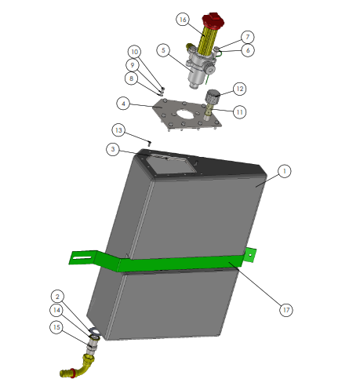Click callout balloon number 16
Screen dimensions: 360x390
pyautogui.click(x=183, y=20)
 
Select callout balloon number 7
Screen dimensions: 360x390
pyautogui.click(x=248, y=37)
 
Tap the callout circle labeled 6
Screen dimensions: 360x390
pyautogui.click(x=248, y=50)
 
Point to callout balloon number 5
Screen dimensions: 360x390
pyautogui.click(x=163, y=50)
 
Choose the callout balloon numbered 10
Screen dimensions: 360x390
pyautogui.click(x=134, y=52)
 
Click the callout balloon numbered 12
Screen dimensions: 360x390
pyautogui.click(x=239, y=89)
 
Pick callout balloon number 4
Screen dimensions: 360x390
pyautogui.click(x=123, y=104)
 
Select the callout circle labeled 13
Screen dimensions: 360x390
pyautogui.click(x=118, y=130)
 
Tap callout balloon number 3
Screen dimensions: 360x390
pyautogui.click(x=113, y=149)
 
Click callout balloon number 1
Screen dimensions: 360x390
pyautogui.click(x=284, y=171)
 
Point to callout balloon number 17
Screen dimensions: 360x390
pyautogui.click(x=286, y=310)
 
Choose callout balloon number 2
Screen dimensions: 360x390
pyautogui.click(x=57, y=297)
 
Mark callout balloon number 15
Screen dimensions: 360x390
pyautogui.click(x=56, y=327)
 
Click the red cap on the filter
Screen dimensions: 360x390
pyautogui.click(x=213, y=20)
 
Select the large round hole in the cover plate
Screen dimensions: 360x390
pyautogui.click(x=185, y=114)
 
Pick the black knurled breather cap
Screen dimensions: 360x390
pyautogui.click(x=213, y=97)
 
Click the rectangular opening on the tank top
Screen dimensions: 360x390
pyautogui.click(x=172, y=164)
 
